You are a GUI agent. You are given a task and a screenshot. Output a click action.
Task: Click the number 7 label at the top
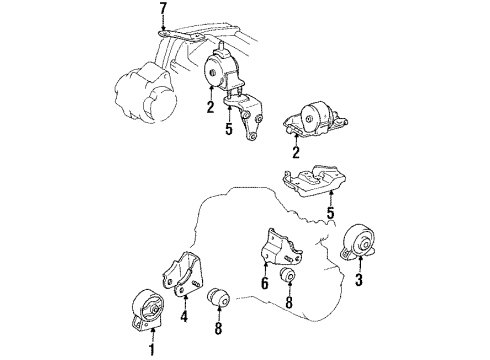pos(163,11)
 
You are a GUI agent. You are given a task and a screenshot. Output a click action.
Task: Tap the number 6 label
pos(264,284)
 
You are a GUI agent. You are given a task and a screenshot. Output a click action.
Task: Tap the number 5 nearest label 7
pos(228,130)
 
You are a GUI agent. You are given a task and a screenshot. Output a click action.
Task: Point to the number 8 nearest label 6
pos(288,301)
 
